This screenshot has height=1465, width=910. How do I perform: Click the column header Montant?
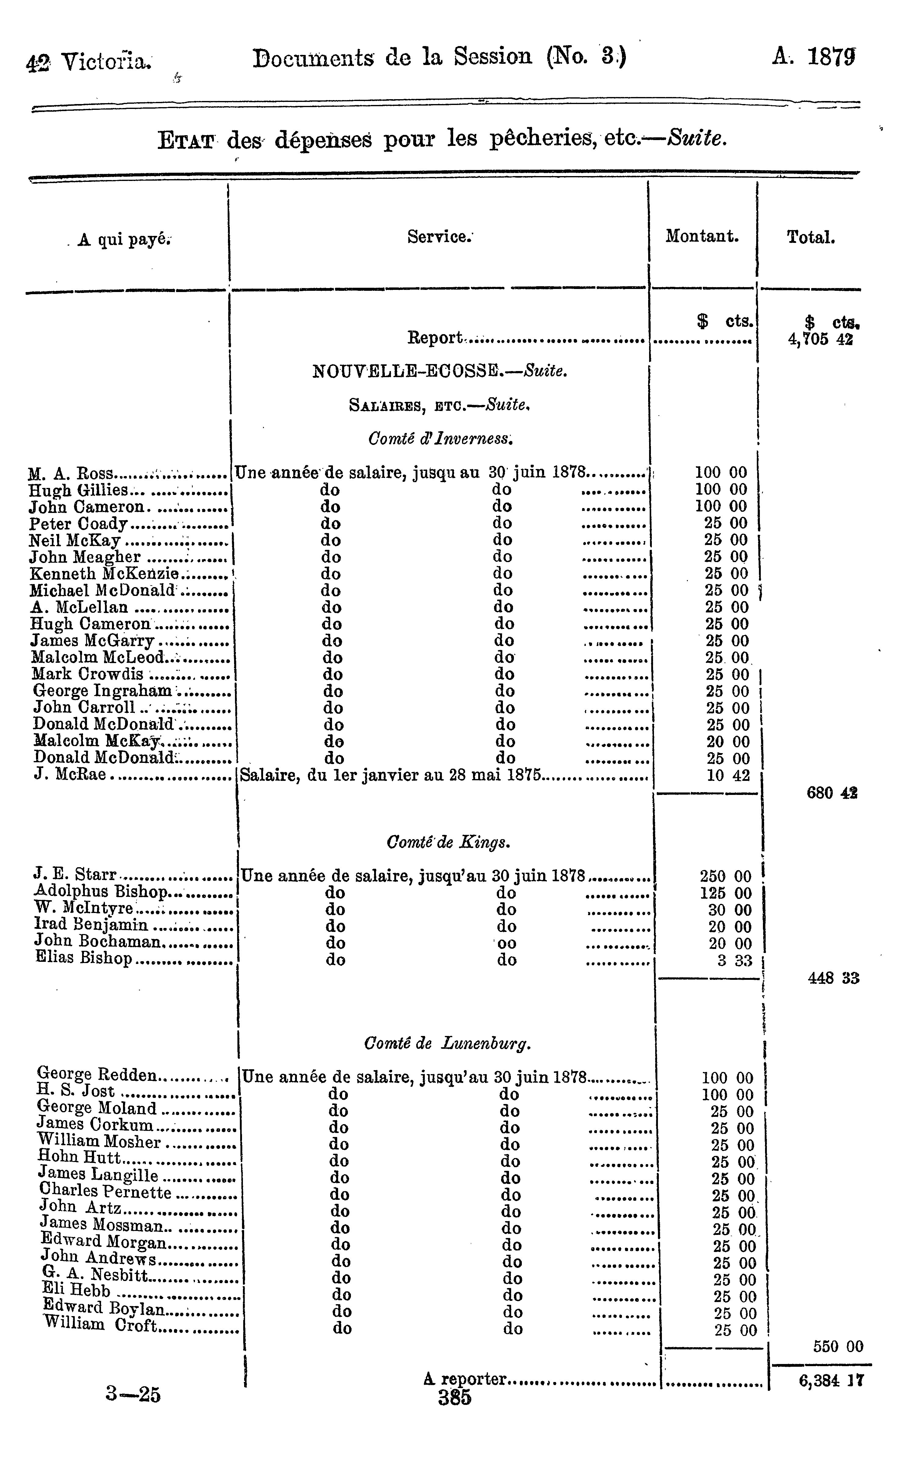(x=702, y=236)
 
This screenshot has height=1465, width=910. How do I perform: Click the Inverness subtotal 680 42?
(x=832, y=793)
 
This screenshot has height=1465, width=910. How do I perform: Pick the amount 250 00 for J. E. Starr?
(x=726, y=877)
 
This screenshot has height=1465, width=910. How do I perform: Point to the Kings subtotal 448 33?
(x=833, y=978)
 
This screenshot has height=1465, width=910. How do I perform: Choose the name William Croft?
(x=100, y=1324)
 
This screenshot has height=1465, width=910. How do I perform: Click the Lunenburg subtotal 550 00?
(x=838, y=1347)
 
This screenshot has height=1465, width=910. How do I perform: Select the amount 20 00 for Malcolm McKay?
(x=728, y=742)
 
